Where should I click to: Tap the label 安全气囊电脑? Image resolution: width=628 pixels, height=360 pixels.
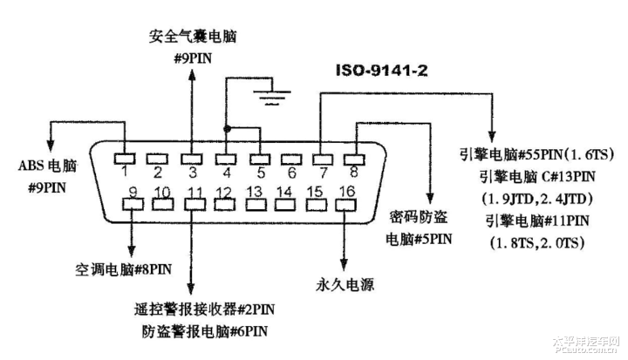point(192,37)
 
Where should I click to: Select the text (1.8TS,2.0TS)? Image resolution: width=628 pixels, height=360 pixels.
point(536,241)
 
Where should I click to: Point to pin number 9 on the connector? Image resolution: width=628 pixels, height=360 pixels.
point(133,191)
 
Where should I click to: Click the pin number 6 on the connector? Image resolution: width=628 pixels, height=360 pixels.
point(292,173)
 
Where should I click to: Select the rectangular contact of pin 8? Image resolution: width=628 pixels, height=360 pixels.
point(353,159)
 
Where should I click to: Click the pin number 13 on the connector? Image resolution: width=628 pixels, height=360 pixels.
point(255,191)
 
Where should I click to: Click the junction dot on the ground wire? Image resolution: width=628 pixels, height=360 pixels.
point(227,129)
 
